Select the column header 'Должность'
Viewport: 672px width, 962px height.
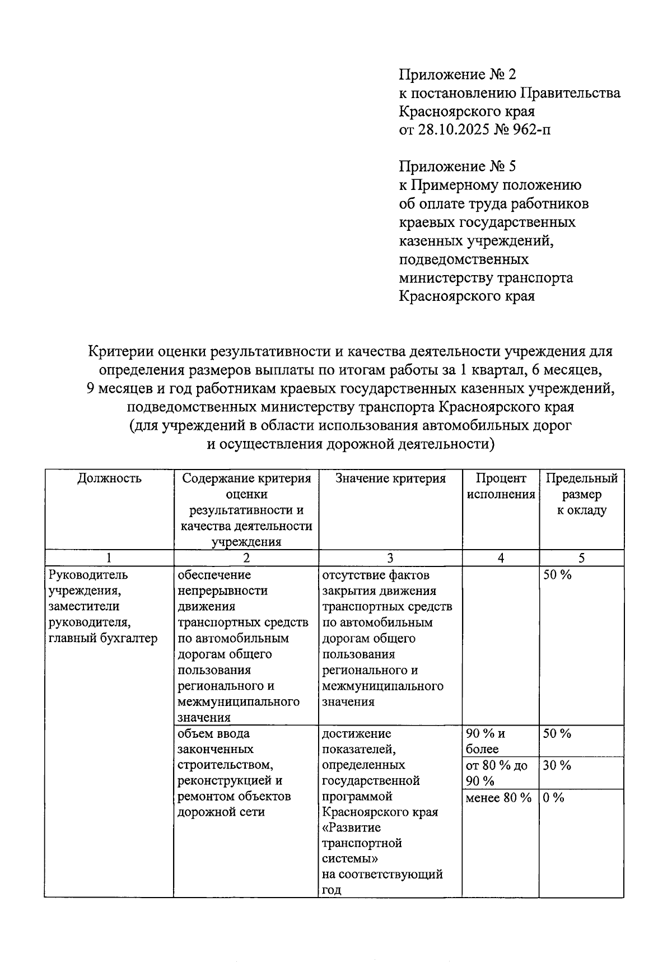pos(109,478)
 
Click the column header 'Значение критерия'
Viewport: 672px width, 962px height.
pos(390,478)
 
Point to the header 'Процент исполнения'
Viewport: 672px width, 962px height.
pos(501,486)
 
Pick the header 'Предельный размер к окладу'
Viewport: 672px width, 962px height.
pos(581,494)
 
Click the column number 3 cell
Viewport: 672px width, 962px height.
pos(390,558)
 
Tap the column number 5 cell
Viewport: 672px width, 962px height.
pos(581,558)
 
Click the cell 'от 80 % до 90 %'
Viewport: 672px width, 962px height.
pos(496,773)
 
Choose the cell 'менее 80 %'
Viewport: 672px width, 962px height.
pos(498,798)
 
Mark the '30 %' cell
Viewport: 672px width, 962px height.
pos(557,765)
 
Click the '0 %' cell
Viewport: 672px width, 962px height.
pos(553,798)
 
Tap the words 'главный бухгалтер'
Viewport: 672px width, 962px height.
pos(104,638)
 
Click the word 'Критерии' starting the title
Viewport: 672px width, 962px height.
pos(118,352)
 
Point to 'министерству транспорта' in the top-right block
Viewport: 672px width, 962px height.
pos(486,278)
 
